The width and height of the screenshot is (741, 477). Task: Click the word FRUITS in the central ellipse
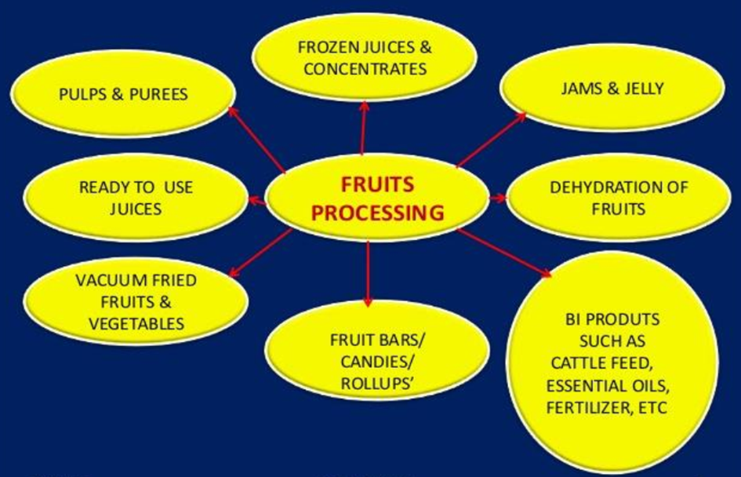coord(377,185)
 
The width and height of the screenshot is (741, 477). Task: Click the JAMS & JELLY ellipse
coord(612,88)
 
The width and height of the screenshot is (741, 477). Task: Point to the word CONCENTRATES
coord(365,69)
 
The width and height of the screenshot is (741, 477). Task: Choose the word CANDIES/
coord(371,362)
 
